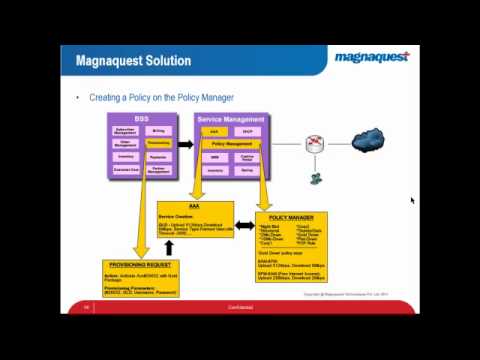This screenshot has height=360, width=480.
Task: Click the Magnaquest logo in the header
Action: coord(371,56)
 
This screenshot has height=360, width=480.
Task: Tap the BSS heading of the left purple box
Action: coord(141,119)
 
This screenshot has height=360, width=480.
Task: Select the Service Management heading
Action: coord(231,119)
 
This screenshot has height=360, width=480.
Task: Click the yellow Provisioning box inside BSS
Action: coord(158,143)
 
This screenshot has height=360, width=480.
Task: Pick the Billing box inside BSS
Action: coord(158,130)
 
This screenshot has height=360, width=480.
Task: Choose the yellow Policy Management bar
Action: coord(232,144)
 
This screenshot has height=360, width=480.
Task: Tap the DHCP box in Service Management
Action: coord(247,131)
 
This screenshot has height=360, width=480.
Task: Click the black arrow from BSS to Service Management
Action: coord(184,144)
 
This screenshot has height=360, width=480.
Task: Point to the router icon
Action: coord(314,144)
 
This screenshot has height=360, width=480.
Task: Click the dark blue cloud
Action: coord(367,137)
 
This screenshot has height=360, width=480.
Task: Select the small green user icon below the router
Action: coord(315,179)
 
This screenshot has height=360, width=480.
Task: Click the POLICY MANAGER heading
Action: coord(292,217)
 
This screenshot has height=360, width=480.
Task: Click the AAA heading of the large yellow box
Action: coord(194,206)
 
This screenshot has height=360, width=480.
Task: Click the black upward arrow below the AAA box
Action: coord(168,247)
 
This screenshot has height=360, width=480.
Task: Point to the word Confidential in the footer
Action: coord(240,307)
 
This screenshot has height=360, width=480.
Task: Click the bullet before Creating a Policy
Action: coord(78,98)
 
